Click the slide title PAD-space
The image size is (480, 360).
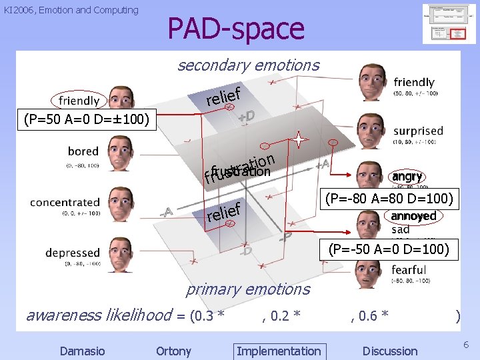[x=235, y=29]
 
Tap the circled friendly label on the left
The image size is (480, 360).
[x=79, y=101]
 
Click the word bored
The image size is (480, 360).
[x=83, y=151]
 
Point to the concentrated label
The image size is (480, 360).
[x=65, y=202]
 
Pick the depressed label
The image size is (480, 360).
[x=72, y=253]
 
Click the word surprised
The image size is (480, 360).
[x=418, y=131]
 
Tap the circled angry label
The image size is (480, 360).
[x=407, y=177]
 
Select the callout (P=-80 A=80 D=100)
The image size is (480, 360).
[x=389, y=199]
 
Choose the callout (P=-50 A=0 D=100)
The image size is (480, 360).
[x=389, y=250]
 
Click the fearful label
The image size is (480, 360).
[x=409, y=270]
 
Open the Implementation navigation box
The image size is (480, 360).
[x=278, y=351]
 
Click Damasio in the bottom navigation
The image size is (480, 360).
[x=82, y=351]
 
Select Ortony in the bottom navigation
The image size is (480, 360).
[x=173, y=351]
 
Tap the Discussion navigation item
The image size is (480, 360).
[x=389, y=351]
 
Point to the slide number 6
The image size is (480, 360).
[x=465, y=343]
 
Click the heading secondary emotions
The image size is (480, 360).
[x=248, y=65]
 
